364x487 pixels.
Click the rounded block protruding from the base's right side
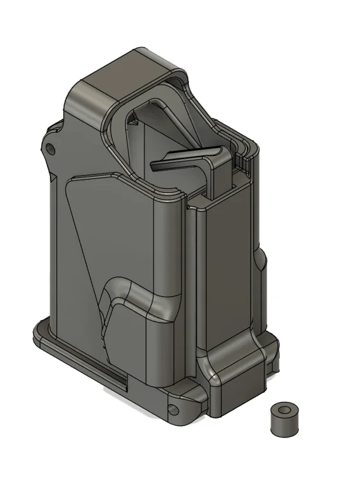(231, 368)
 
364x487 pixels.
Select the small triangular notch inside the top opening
(134, 117)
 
